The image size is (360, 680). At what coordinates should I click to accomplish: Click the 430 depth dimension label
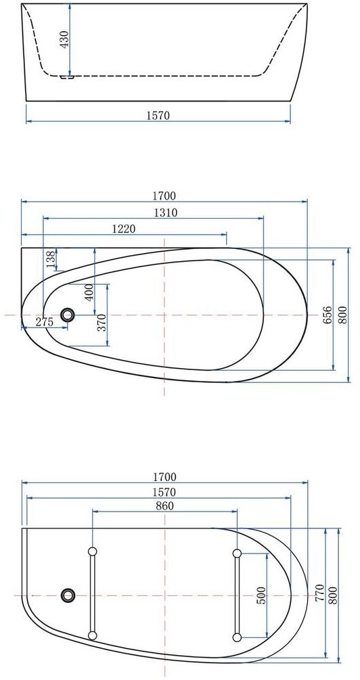[x=64, y=39]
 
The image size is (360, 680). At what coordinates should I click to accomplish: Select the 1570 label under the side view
[x=158, y=115]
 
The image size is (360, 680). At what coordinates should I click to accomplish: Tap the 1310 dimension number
[x=166, y=212]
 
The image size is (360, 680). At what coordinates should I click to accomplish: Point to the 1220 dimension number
[x=124, y=229]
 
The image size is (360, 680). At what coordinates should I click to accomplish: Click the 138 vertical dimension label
[x=51, y=259]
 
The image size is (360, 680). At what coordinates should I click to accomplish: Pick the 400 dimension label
[x=89, y=292]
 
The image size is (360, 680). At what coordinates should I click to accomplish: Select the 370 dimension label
[x=102, y=323]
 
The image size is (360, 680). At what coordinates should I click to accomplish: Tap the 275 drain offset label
[x=44, y=322]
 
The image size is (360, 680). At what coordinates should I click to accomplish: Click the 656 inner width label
[x=328, y=315]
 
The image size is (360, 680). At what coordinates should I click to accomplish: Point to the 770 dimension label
[x=320, y=593]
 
